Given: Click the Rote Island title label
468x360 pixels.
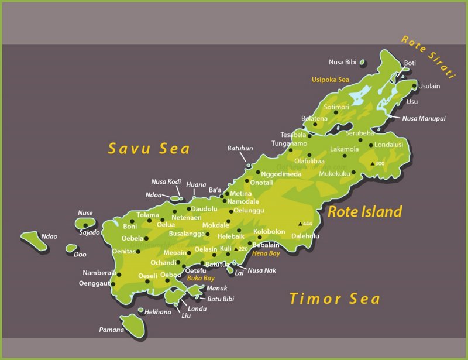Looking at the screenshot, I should coord(364,211).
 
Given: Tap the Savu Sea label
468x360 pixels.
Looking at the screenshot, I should coord(149,149).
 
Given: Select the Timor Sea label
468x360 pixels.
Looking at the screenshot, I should coord(335,299).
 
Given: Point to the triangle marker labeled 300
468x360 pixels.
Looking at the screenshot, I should coord(372,163).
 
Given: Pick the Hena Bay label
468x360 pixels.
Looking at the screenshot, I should coord(266,253).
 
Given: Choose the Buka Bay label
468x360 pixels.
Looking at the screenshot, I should coord(201,279).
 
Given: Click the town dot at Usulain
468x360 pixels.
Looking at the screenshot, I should coord(414,86).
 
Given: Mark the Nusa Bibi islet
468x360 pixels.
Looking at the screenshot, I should coord(362,62).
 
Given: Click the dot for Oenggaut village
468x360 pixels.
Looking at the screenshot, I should coord(112,284).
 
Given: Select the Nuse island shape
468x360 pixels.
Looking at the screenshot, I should coord(86,224).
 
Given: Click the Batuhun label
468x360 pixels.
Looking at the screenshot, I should coord(240,149).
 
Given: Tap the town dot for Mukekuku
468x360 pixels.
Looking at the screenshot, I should coord(353,173).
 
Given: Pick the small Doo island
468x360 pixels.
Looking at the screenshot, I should coord(71,248).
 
